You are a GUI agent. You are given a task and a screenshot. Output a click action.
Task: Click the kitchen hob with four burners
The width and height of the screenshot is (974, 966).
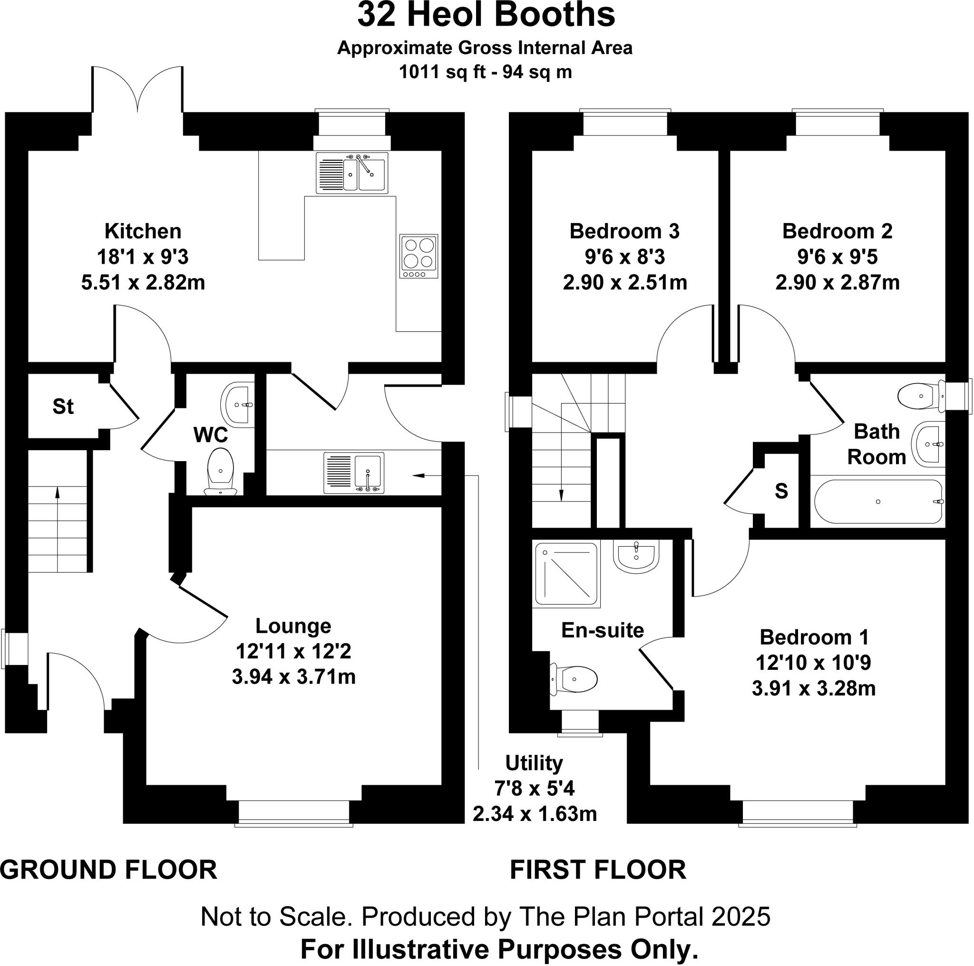coord(419,256)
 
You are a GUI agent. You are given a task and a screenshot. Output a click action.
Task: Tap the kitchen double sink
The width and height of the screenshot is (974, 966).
coord(352,174)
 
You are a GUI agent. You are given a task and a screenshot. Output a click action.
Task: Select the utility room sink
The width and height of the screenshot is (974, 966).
coord(354,473)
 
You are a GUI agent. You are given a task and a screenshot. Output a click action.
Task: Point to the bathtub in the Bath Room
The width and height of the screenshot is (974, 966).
coord(878,502)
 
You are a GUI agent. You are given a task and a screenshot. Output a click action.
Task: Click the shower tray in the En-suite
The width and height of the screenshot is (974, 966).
coord(566,573)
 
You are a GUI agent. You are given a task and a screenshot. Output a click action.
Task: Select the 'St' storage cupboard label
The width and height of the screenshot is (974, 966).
coord(63,406)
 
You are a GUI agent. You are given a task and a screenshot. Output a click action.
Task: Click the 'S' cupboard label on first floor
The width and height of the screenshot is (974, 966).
coord(781,491)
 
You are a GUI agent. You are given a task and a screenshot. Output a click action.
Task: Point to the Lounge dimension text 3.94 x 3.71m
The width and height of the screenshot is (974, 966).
coord(293,677)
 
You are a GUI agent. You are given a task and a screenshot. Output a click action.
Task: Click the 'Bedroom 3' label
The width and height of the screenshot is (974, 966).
coord(624,232)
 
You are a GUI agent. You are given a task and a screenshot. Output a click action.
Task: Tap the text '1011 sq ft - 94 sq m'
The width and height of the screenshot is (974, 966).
coord(485,72)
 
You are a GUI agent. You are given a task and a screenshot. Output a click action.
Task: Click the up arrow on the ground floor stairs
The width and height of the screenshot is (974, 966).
coord(57,496)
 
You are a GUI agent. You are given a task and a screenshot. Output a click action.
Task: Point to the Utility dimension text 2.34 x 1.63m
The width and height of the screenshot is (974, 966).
coord(535,814)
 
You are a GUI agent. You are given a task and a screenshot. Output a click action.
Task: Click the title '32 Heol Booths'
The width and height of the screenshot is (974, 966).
coord(486,15)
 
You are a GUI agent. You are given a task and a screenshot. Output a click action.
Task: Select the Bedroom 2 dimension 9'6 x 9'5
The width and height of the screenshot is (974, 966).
coord(837,257)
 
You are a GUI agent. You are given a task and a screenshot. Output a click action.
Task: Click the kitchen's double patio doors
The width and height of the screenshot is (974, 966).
coord(137,91)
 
